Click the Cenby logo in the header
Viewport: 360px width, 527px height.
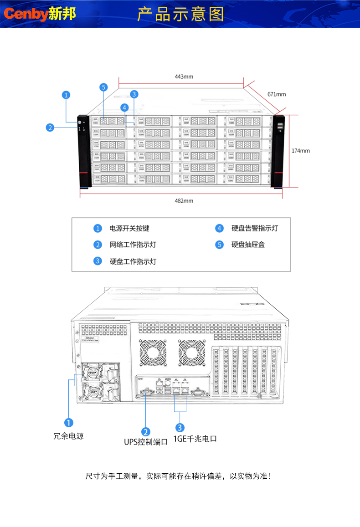(x=40, y=14)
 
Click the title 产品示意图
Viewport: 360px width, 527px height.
(x=181, y=14)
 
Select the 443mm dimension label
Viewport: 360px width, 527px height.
(x=184, y=77)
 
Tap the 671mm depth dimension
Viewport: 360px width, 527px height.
(x=277, y=94)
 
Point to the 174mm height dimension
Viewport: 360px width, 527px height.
(x=301, y=150)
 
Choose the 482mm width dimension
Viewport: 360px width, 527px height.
(x=184, y=201)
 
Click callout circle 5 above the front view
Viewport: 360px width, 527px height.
(x=104, y=87)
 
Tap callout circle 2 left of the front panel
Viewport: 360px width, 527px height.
(x=50, y=128)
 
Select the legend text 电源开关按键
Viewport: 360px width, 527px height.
(x=129, y=228)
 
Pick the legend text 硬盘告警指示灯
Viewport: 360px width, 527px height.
(x=255, y=228)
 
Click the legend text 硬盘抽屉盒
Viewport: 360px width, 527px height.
(x=248, y=245)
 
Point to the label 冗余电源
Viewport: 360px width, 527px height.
(x=68, y=436)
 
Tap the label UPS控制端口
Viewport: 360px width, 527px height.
(x=146, y=441)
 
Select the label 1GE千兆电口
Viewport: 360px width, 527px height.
(x=195, y=439)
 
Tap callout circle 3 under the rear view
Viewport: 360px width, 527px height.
(x=180, y=427)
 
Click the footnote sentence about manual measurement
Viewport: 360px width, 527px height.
(x=180, y=476)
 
